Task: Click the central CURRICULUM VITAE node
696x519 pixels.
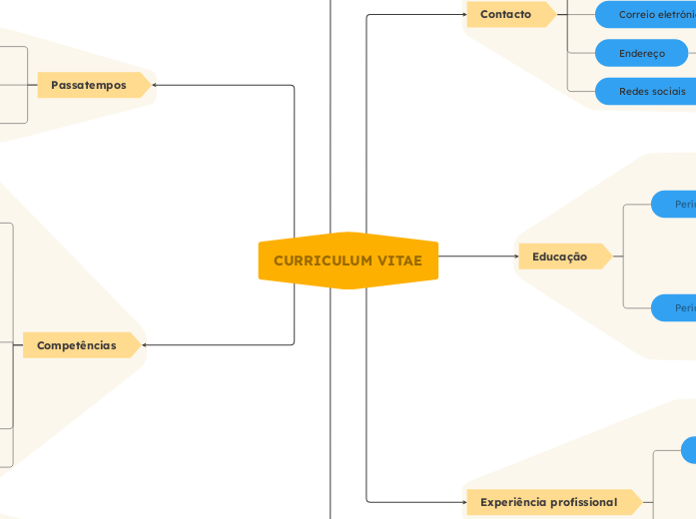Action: coord(348,261)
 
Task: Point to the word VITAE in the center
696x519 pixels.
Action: coord(399,261)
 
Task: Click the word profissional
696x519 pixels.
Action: coord(582,502)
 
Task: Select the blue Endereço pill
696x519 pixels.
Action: coord(642,53)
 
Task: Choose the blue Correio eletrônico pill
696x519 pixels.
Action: coord(647,14)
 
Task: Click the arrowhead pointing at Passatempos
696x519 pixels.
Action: coord(155,85)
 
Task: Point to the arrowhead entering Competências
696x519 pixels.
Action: coord(147,345)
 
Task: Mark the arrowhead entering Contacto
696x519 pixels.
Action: coord(463,15)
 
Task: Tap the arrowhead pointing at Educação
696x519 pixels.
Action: coord(515,257)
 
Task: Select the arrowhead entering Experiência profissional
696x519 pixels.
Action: coord(463,502)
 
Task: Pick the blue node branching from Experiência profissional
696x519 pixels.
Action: coord(689,450)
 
